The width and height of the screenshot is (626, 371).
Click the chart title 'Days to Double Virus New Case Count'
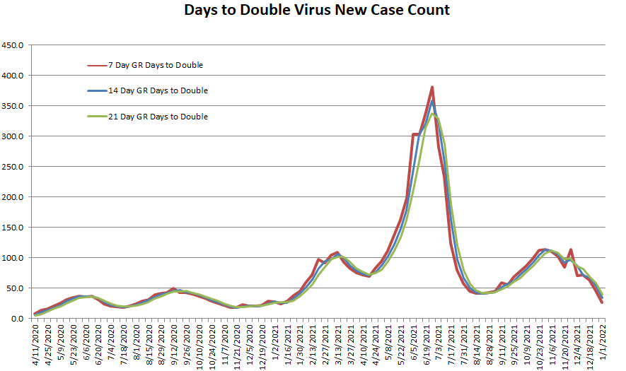(x=317, y=11)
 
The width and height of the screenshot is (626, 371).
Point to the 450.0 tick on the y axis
(x=14, y=45)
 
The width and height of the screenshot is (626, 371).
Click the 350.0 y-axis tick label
(x=14, y=106)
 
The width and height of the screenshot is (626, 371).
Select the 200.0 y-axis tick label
(x=14, y=197)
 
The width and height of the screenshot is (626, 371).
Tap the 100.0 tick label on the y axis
(x=14, y=258)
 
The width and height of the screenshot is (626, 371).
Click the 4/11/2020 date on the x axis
(x=35, y=344)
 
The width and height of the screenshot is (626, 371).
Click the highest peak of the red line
(x=432, y=87)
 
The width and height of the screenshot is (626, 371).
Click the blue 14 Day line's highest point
(x=432, y=101)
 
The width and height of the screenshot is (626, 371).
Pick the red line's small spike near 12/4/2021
(x=571, y=249)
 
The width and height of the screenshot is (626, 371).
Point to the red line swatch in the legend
(x=96, y=66)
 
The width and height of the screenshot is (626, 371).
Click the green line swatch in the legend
(x=96, y=117)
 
